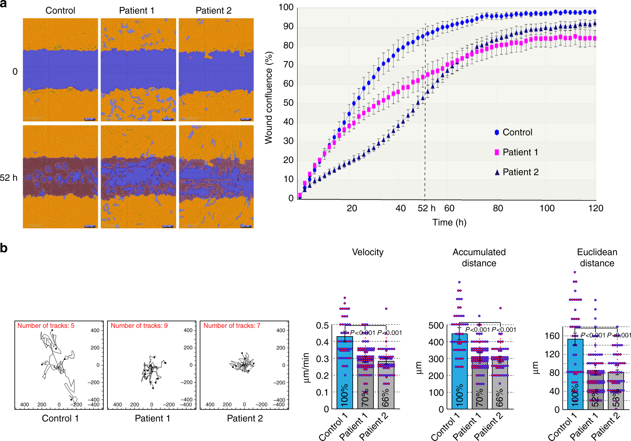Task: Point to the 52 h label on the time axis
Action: pos(427,208)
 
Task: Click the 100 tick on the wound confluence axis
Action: pos(286,7)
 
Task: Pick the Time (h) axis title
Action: pos(449,222)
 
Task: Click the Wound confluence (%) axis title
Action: pos(269,98)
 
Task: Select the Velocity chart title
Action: pos(368,252)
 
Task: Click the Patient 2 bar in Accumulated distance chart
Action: pos(500,383)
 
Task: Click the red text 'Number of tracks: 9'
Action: pos(139,326)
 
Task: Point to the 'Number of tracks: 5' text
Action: pos(46,326)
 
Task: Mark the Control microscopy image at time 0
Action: pos(60,70)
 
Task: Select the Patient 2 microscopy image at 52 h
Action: pos(216,177)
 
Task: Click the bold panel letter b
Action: pos(4,248)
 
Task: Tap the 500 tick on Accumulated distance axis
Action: pos(436,325)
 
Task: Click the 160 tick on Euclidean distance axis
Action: pos(552,336)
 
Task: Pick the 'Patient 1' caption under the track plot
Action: pos(152,419)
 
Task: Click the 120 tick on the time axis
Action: pos(596,208)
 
